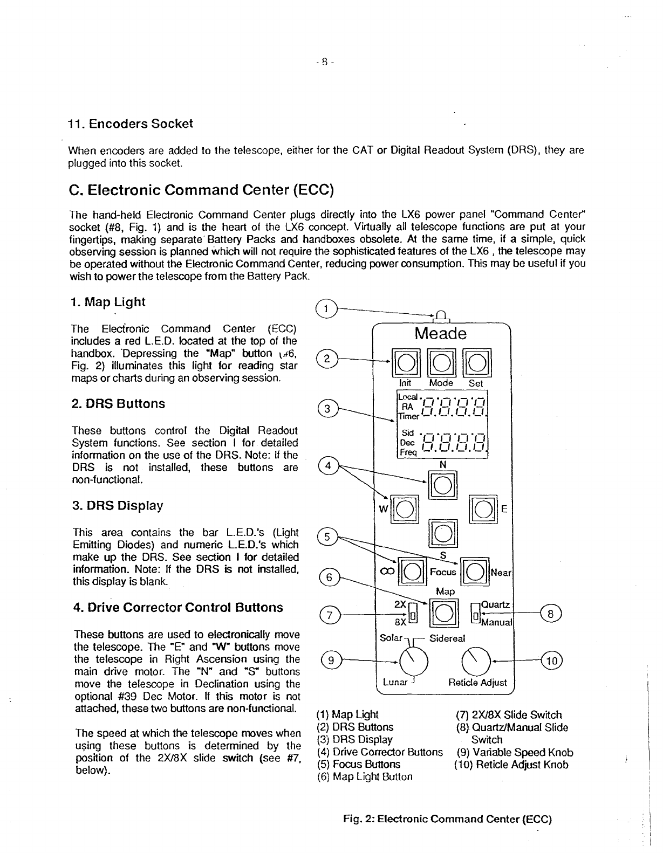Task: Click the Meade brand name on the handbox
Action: [x=440, y=333]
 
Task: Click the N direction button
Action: [x=442, y=486]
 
